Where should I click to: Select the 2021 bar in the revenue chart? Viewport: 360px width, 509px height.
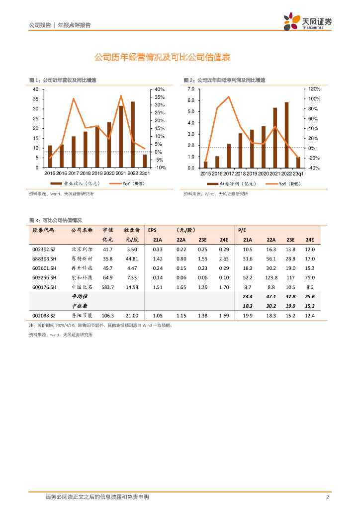[x=121, y=137]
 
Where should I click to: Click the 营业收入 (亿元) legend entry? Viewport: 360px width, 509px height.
[x=77, y=184]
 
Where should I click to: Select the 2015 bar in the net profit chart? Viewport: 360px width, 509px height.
[x=205, y=165]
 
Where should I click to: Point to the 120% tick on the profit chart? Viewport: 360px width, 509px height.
[x=315, y=89]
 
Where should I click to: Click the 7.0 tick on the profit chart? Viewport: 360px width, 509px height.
[x=190, y=89]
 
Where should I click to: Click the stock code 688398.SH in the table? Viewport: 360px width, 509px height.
[x=44, y=258]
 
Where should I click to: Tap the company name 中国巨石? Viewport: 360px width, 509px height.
[x=82, y=287]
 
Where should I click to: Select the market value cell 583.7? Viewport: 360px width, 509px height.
[x=107, y=287]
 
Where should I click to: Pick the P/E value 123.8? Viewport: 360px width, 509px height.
[x=271, y=278]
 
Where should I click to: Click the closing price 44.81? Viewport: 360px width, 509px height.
[x=132, y=258]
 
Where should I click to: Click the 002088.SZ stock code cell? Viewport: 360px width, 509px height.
[x=44, y=315]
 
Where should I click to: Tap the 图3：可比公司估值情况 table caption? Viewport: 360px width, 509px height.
[x=55, y=220]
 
